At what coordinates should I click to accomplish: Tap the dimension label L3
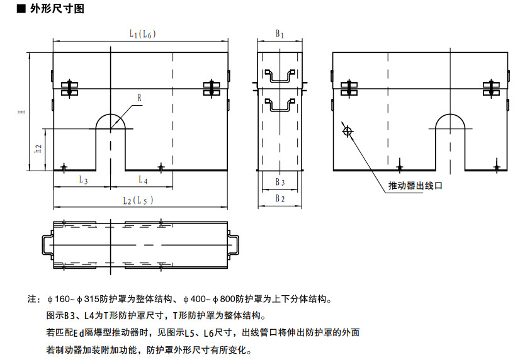point(83,180)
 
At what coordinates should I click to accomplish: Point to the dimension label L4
point(143,180)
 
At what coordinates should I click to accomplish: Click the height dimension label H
point(21,112)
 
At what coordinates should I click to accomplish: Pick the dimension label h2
point(38,149)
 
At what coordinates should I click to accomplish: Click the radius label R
point(140,98)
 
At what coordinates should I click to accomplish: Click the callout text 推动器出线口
point(416,186)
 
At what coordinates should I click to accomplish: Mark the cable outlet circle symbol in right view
point(346,131)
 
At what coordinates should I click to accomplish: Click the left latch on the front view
point(69,89)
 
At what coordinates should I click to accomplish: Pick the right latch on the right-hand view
point(491,89)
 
